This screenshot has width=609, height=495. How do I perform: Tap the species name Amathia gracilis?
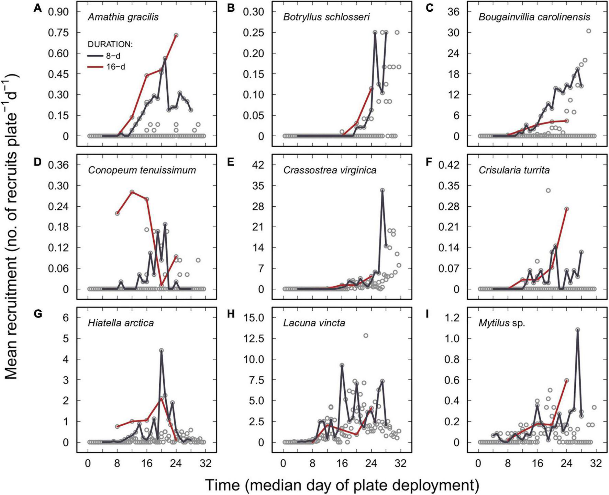pyautogui.click(x=123, y=17)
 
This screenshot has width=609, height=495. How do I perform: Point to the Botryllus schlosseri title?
pyautogui.click(x=326, y=17)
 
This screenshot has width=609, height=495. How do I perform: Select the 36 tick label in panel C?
pyautogui.click(x=453, y=12)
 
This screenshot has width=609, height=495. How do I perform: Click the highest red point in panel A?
pyautogui.click(x=176, y=35)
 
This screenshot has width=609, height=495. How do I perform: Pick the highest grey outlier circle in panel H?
pyautogui.click(x=366, y=335)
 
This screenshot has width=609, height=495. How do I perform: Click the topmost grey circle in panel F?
pyautogui.click(x=548, y=191)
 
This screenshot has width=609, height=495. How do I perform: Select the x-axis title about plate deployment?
pyautogui.click(x=342, y=485)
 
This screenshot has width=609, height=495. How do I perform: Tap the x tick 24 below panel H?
pyautogui.click(x=371, y=463)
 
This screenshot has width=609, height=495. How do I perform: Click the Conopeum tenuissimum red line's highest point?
pyautogui.click(x=132, y=192)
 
